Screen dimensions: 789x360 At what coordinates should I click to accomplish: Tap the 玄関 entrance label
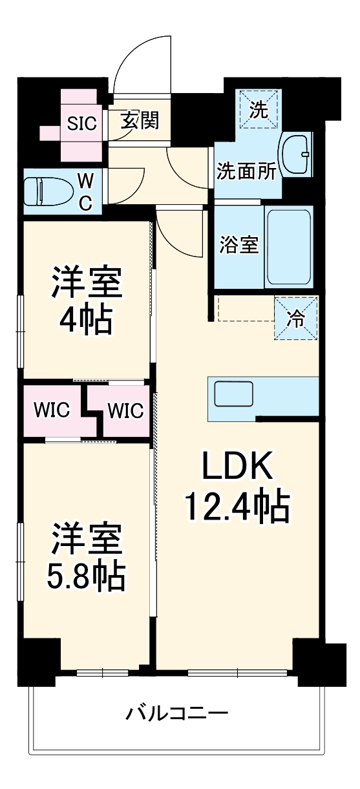click(x=139, y=120)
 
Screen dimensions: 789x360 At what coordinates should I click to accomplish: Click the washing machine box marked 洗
click(x=259, y=110)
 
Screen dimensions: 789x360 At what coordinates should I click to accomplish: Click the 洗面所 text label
click(x=246, y=171)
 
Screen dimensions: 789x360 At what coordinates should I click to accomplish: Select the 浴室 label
click(x=239, y=246)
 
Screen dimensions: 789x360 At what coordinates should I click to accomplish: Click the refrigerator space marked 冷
click(x=296, y=319)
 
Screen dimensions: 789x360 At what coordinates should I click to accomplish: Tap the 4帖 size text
click(x=87, y=320)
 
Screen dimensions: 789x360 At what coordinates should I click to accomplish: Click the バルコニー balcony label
click(x=177, y=714)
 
